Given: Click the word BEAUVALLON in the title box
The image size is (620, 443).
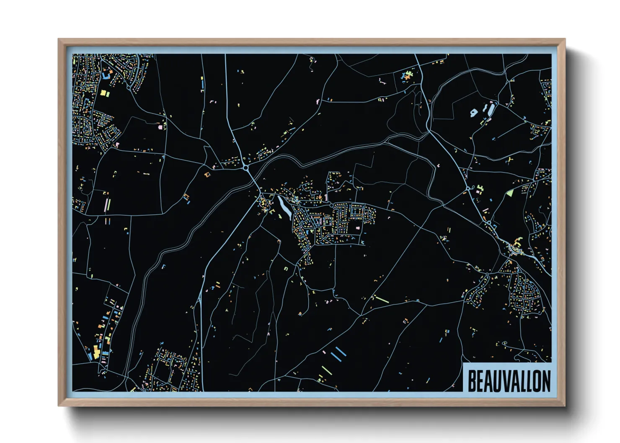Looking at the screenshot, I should point(509,381).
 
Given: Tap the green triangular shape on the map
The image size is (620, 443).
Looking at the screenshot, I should point(510,193).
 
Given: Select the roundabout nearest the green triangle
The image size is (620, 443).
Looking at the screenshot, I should point(468,189).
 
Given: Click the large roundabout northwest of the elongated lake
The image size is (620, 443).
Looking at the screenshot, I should point(245,167).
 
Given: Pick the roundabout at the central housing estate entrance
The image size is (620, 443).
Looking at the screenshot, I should point(331,205).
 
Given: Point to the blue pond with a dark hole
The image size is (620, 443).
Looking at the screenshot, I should point(474,112).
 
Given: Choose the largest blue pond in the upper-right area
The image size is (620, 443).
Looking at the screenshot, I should point(490,109).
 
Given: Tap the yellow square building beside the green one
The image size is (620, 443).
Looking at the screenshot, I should point(101,92).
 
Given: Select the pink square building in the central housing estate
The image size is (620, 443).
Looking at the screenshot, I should point(357,228).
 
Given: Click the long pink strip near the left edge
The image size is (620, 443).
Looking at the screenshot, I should point(106,205).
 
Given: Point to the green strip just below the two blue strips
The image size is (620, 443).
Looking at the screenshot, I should point(326,370).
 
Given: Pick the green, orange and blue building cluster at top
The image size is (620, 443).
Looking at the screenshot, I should point(406,76).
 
